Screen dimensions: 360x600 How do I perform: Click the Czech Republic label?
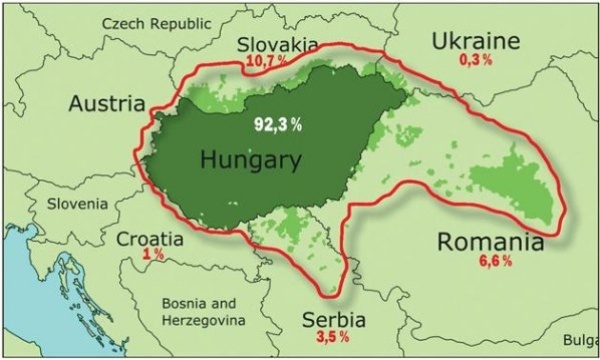[x=158, y=21]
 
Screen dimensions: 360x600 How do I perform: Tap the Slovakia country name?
[x=278, y=45]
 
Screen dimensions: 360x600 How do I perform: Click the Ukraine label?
[x=476, y=41]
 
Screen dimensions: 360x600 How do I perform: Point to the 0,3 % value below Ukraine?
[x=476, y=60]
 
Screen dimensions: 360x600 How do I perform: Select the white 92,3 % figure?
[x=276, y=124]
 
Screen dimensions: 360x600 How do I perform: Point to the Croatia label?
[x=150, y=239]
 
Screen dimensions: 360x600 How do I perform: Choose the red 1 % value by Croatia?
[x=153, y=255]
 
